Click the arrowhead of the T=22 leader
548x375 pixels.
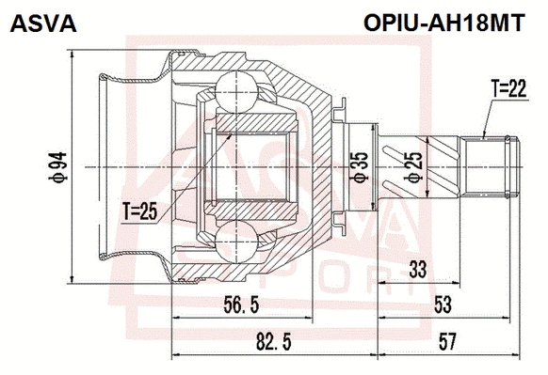tap(482, 138)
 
